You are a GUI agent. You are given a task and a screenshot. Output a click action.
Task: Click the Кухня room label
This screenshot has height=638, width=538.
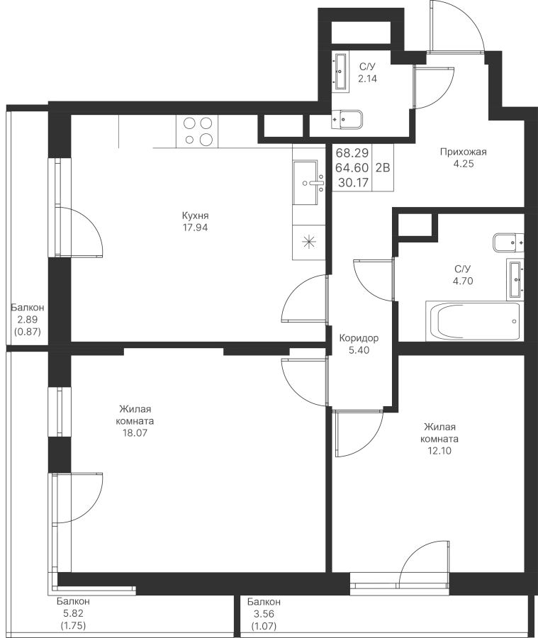[195, 216]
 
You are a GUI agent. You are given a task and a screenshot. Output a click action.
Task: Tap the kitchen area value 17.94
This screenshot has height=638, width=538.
[195, 228]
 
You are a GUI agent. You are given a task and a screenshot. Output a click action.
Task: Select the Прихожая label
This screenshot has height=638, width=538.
[463, 152]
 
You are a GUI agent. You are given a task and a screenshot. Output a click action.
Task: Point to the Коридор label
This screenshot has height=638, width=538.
[359, 338]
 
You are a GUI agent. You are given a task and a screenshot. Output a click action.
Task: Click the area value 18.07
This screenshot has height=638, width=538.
[135, 433]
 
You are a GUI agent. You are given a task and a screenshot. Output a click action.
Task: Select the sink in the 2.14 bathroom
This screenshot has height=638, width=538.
[341, 71]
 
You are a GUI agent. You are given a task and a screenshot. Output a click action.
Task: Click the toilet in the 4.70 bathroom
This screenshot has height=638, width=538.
[508, 243]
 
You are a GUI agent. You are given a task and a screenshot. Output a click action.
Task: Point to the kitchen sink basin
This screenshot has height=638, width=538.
[306, 183]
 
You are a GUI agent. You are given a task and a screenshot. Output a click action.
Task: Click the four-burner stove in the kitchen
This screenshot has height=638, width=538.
[197, 131]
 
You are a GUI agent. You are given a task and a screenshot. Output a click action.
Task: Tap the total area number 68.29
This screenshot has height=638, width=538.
[352, 153]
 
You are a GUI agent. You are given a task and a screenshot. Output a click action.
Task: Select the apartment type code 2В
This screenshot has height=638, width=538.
[383, 167]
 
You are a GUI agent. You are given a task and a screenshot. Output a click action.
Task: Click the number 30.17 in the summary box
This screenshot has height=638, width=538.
[353, 183]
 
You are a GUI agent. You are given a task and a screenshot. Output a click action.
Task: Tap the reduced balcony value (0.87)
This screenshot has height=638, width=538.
[28, 332]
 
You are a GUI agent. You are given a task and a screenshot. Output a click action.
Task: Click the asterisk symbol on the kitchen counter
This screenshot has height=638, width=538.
[309, 242]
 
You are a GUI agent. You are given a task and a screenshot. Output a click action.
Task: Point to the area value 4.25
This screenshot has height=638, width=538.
[463, 164]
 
